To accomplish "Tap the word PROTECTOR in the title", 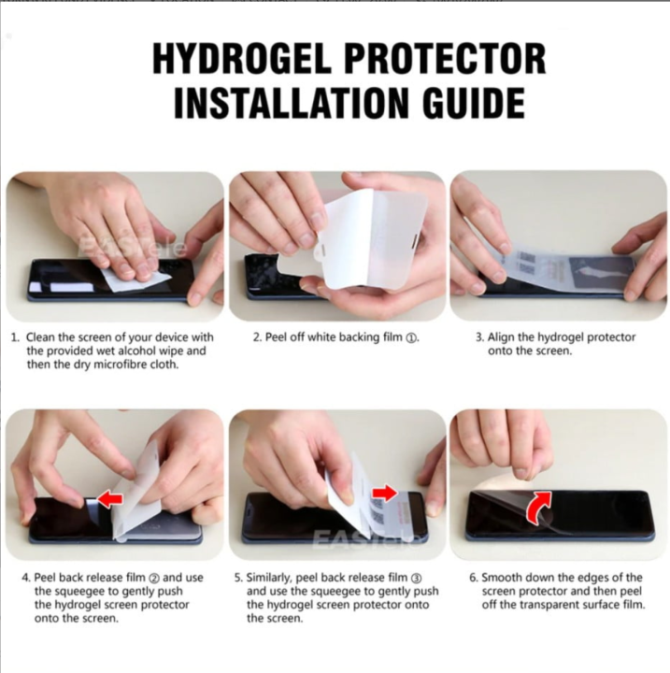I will pos(449,59).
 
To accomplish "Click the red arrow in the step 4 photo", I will pos(110,499).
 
